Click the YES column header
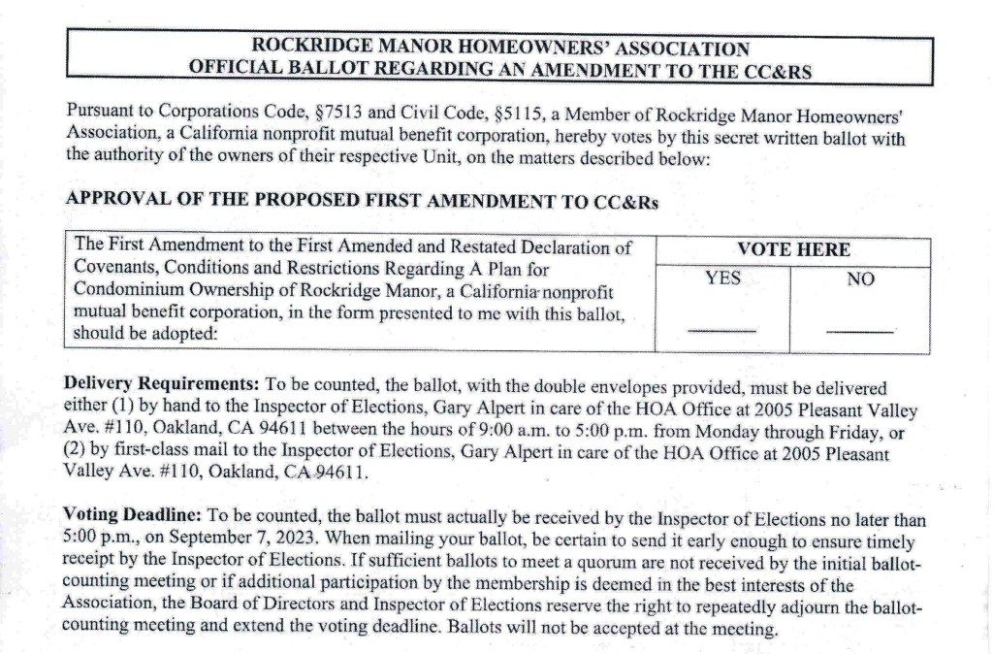pos(722,278)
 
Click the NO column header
pos(860,279)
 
